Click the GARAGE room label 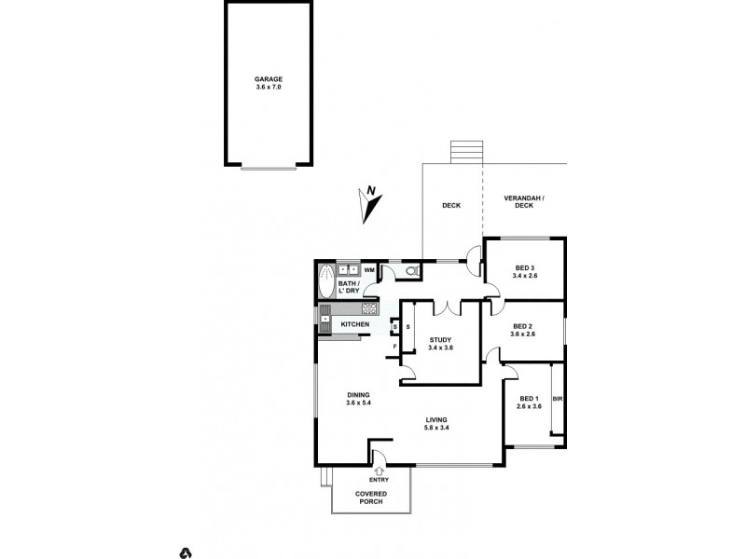coord(268,79)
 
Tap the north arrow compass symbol coord(370,204)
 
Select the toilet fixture coord(411,271)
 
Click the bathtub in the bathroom coord(326,279)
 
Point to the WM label coord(369,270)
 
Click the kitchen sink coord(325,323)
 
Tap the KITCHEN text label coord(354,324)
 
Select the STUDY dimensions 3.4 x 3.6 coord(440,348)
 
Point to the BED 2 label coord(522,326)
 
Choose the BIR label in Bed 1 coord(558,399)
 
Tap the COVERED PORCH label coord(371,498)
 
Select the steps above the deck coord(467,152)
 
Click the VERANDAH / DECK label coord(524,202)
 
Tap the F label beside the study coord(395,348)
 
